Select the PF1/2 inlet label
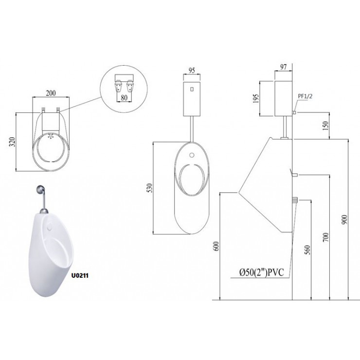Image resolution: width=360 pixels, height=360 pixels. [x=304, y=97]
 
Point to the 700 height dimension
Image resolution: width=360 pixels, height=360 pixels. [x=326, y=237]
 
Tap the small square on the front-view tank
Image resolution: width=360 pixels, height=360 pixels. [x=191, y=90]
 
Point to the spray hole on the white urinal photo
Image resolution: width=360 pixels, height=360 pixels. [x=51, y=227]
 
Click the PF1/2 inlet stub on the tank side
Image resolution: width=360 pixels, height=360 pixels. [x=295, y=113]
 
